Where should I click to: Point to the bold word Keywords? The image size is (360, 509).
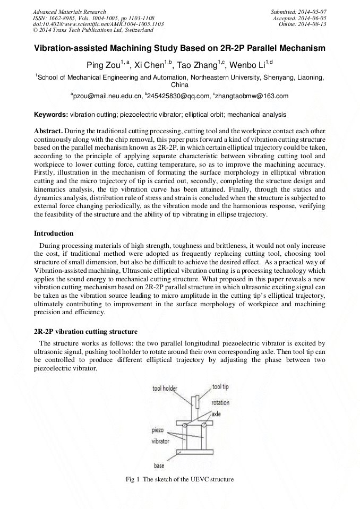[51, 114]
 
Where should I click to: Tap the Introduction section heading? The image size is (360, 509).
[54, 234]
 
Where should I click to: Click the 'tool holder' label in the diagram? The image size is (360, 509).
[165, 389]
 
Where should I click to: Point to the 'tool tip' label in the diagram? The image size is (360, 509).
[220, 387]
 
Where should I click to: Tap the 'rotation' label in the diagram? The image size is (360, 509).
[220, 403]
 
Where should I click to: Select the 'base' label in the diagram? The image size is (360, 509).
[159, 466]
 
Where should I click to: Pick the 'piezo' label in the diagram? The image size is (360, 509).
[158, 430]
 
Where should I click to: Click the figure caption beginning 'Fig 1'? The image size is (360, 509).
[179, 479]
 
